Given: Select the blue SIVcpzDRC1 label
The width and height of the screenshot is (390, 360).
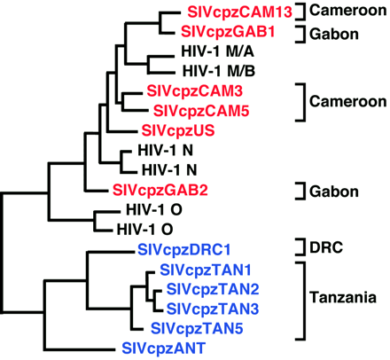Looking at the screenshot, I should pyautogui.click(x=181, y=249).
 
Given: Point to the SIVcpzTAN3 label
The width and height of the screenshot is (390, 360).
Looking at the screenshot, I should pyautogui.click(x=207, y=309).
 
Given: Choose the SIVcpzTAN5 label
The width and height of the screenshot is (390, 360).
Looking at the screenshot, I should pyautogui.click(x=195, y=327).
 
